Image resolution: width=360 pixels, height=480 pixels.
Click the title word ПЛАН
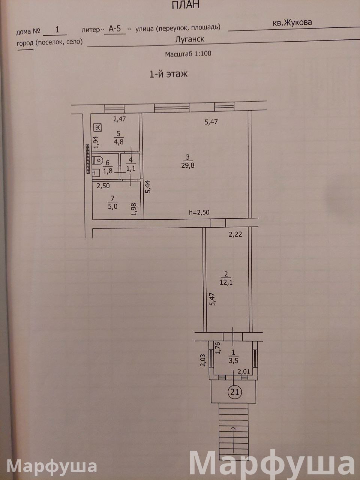185,5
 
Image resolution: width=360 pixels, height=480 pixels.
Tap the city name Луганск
189,39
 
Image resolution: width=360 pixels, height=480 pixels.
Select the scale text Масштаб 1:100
188,54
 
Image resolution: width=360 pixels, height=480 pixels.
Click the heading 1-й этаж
168,74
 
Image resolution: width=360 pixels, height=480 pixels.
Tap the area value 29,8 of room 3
188,165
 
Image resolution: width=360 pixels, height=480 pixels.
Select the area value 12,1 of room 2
226,282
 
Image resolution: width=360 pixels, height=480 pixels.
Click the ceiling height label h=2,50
199,212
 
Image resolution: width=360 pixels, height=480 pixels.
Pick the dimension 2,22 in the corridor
235,235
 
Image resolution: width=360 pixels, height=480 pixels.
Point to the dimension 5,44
148,186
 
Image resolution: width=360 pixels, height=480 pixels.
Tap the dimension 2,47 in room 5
120,119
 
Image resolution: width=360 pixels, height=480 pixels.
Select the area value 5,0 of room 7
112,206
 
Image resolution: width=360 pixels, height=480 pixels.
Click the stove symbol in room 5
98,127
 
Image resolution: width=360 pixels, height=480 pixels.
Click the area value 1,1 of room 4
131,169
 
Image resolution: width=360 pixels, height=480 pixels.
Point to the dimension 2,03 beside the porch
203,360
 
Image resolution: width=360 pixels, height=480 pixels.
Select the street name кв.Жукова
292,23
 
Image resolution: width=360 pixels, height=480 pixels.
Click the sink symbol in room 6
96,172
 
